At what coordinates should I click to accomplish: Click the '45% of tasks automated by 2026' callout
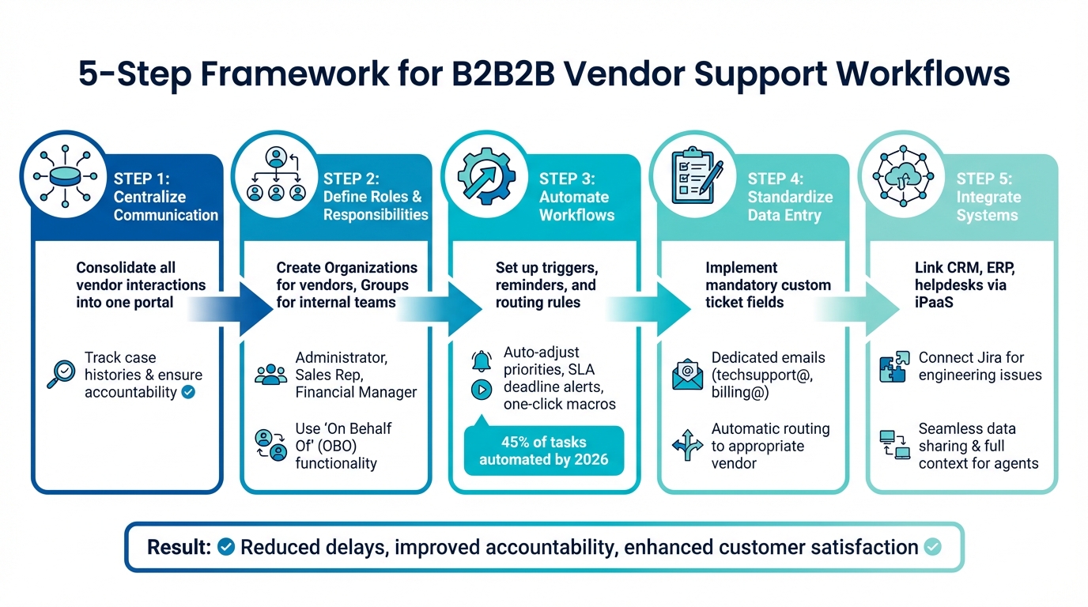pos(543,451)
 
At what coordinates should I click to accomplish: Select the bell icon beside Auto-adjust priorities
pos(480,361)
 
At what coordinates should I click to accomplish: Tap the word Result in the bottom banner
pos(179,547)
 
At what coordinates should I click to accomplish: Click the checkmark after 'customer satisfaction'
pos(933,547)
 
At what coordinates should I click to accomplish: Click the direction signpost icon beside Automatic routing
pos(687,446)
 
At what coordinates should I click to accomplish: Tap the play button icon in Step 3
pos(480,389)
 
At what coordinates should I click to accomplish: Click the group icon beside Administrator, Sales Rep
pos(271,375)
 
